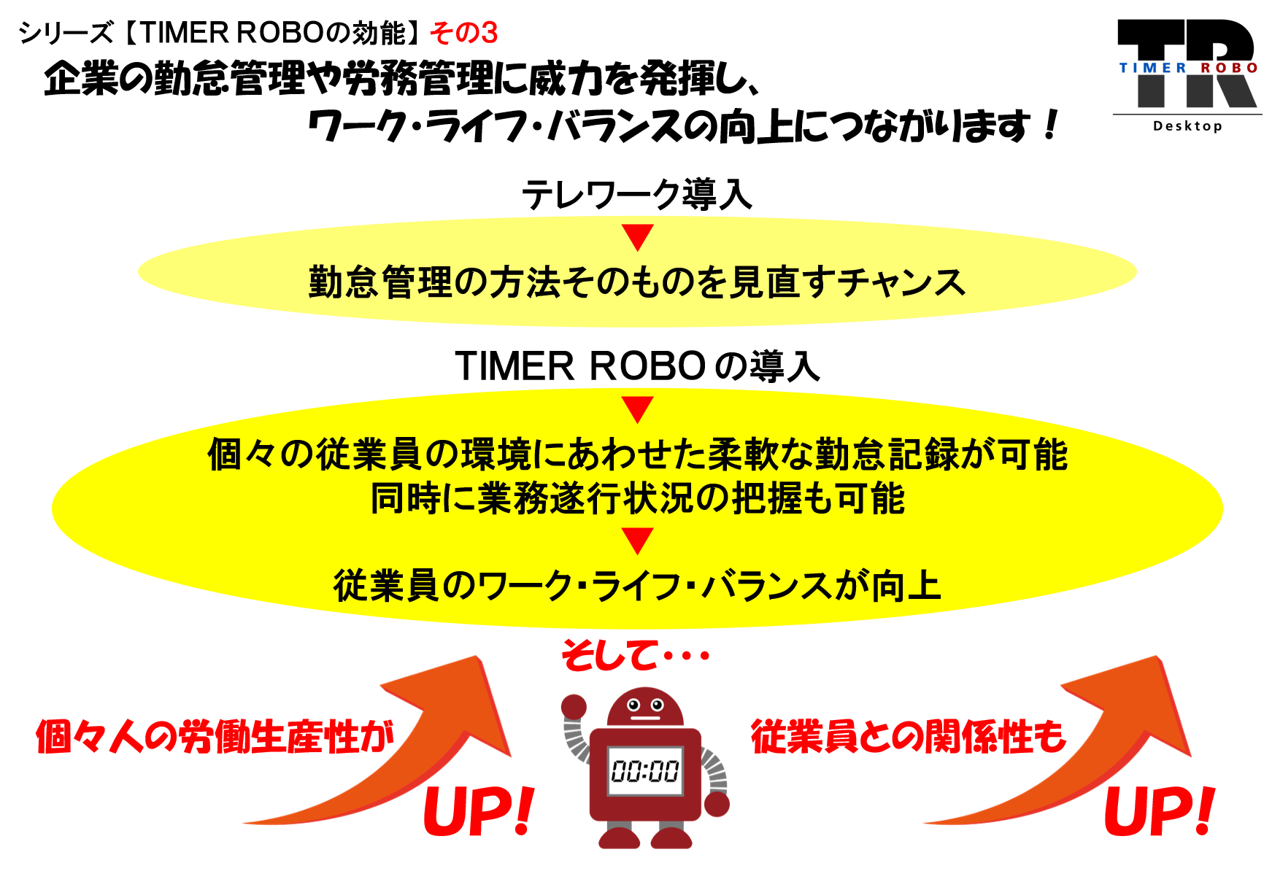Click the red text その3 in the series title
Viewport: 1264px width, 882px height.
click(x=464, y=33)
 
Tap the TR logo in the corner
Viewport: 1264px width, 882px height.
click(x=1187, y=63)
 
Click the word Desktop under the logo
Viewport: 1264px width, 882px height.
click(x=1187, y=125)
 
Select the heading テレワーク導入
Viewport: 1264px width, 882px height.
click(x=636, y=195)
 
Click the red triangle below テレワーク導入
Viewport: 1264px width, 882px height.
click(x=637, y=237)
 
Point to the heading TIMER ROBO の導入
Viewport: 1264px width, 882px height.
click(x=637, y=365)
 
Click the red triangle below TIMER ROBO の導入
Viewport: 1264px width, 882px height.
click(x=637, y=409)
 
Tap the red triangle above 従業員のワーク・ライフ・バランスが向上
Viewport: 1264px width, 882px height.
click(x=637, y=541)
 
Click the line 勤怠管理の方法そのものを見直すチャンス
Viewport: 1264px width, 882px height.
click(x=637, y=282)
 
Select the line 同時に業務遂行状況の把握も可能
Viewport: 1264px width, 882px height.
click(x=637, y=498)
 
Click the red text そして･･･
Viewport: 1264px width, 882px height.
click(x=635, y=654)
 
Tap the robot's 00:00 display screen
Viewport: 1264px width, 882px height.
click(x=645, y=770)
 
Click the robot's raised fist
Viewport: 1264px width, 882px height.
click(x=574, y=707)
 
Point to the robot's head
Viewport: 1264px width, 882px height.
click(x=645, y=706)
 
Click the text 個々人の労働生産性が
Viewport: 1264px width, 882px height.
click(x=215, y=736)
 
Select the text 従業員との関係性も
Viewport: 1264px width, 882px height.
click(x=909, y=736)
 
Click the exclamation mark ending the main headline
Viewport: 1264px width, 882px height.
click(x=1051, y=125)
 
